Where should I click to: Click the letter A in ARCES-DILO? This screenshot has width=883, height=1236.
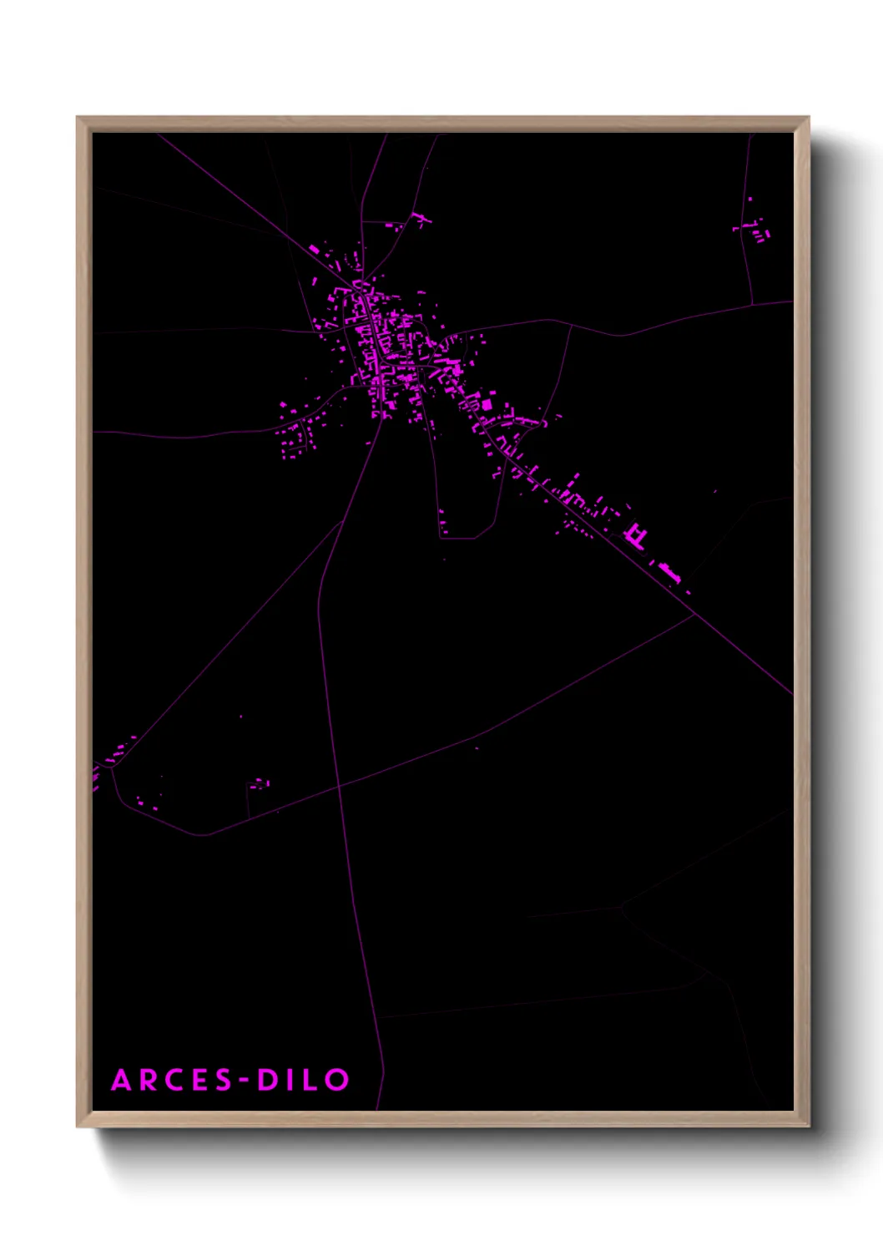tap(122, 1080)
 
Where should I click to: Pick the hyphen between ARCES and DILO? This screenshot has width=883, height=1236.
tap(245, 1081)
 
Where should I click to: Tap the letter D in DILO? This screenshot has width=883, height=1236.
tap(266, 1080)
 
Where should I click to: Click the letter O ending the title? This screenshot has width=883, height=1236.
tap(336, 1080)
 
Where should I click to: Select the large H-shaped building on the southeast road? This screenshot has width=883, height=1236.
tap(636, 534)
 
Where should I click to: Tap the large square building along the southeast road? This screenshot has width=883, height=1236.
tap(486, 405)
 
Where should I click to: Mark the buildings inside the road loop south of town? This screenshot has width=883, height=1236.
tap(443, 523)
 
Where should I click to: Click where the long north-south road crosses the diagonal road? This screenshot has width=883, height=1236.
tap(339, 786)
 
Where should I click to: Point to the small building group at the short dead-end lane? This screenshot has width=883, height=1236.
tap(259, 783)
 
